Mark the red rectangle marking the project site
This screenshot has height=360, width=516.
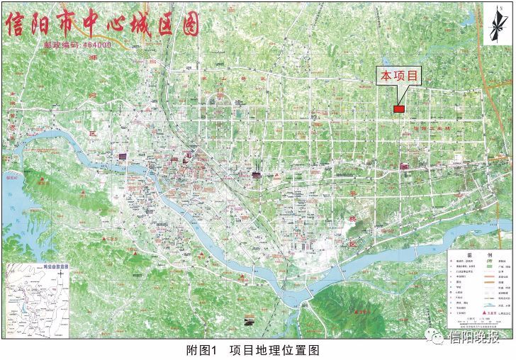[x=398, y=108]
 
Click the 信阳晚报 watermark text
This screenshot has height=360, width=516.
[x=476, y=338]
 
